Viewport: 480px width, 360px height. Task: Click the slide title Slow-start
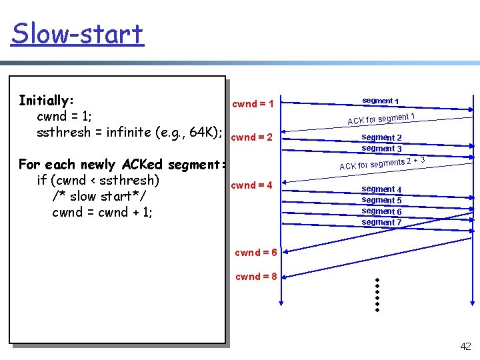click(x=77, y=33)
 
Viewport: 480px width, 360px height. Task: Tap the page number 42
click(x=465, y=345)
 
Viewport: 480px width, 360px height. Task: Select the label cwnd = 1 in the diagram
click(x=253, y=103)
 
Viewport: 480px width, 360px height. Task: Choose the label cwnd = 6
click(x=257, y=252)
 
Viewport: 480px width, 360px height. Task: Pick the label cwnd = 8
click(x=257, y=277)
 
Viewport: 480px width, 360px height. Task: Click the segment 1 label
click(x=381, y=101)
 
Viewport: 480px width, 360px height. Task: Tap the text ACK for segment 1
click(x=381, y=119)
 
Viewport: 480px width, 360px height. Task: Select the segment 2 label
click(x=381, y=138)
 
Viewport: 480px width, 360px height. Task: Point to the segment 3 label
click(x=381, y=149)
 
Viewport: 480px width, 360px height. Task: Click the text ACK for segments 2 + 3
click(x=382, y=163)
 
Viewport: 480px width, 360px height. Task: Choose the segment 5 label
click(x=381, y=200)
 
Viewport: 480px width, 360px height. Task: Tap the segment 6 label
click(x=381, y=211)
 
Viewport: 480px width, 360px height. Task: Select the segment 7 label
click(x=381, y=222)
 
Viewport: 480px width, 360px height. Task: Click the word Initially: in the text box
click(x=46, y=101)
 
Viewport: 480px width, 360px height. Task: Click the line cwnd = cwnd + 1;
click(x=102, y=212)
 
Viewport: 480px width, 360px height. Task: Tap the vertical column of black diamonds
click(x=377, y=295)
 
